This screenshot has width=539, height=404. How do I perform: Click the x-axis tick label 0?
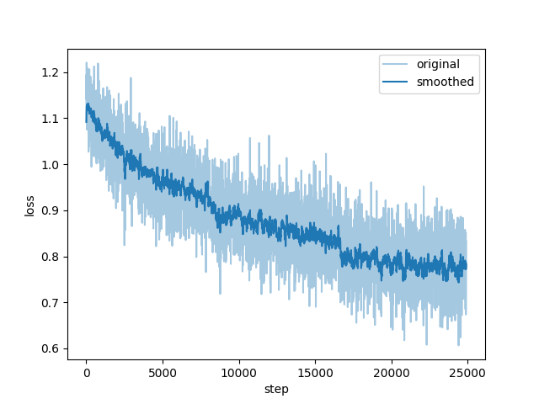tap(86, 373)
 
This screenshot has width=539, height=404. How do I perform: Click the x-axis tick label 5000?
tap(163, 373)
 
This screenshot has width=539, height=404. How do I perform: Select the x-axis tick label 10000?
tap(238, 373)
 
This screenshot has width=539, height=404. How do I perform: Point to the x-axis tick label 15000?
tap(315, 373)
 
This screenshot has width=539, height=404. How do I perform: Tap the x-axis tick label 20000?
tap(392, 373)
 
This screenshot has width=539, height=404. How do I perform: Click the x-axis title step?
tap(276, 390)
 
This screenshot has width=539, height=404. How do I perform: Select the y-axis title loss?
tap(29, 205)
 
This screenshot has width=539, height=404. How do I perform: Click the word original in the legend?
tap(437, 65)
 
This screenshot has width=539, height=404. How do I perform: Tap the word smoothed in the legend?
tap(445, 82)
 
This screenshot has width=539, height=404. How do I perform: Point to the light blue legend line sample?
tap(397, 65)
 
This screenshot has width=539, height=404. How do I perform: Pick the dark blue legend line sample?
tap(397, 82)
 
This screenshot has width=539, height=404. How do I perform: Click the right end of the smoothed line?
tap(467, 267)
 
